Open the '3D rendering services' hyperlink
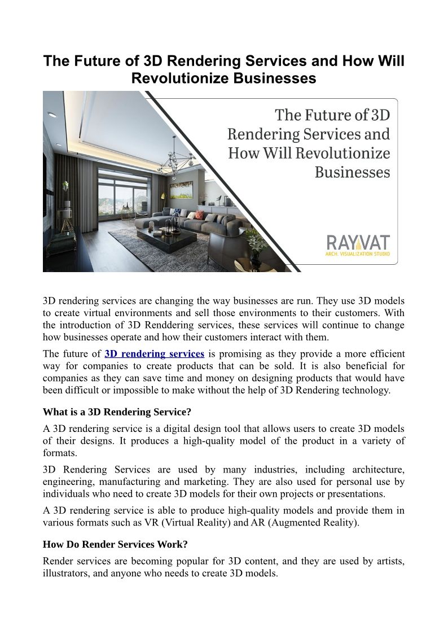point(155,354)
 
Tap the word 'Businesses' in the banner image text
point(352,172)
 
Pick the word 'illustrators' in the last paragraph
point(66,573)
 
